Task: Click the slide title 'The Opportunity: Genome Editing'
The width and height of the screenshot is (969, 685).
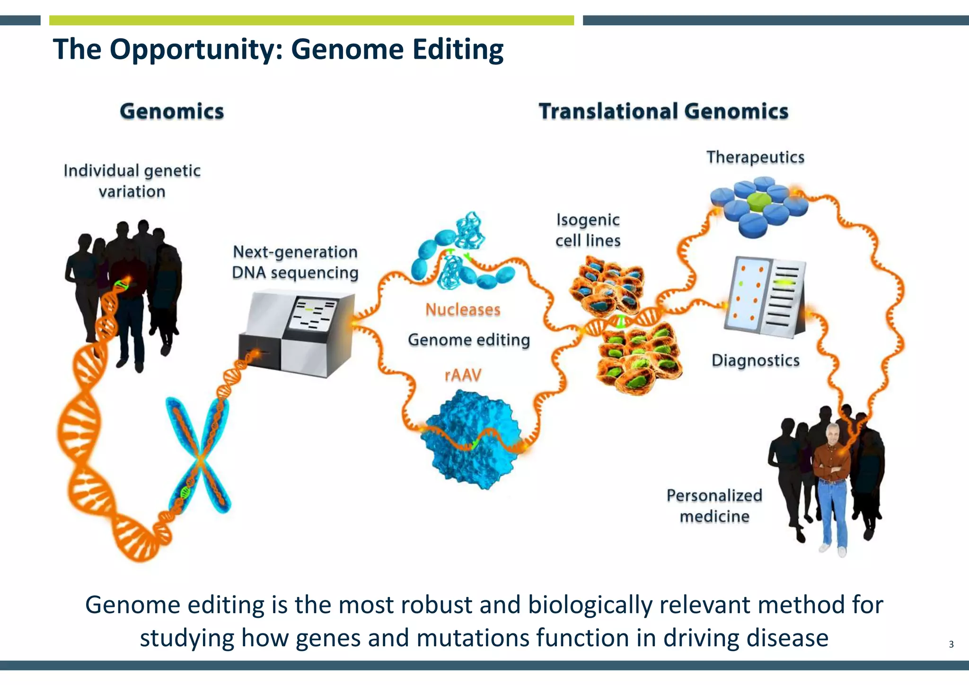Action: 278,49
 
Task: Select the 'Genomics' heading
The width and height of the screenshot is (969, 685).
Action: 172,112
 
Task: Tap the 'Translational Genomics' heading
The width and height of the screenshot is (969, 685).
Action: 663,112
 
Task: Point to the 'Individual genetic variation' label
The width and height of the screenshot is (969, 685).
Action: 132,181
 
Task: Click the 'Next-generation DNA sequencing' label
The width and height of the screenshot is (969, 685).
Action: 295,262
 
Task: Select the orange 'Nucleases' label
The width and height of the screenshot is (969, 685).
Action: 463,310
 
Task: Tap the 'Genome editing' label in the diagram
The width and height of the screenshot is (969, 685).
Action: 468,340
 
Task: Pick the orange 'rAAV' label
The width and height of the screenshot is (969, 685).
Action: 463,375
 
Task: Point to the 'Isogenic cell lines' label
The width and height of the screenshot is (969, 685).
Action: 588,230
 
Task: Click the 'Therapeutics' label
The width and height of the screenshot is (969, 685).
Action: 755,157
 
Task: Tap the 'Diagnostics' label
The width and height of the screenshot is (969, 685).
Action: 755,360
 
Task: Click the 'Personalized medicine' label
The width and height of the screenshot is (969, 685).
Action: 714,506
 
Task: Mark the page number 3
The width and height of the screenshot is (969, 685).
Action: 951,644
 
